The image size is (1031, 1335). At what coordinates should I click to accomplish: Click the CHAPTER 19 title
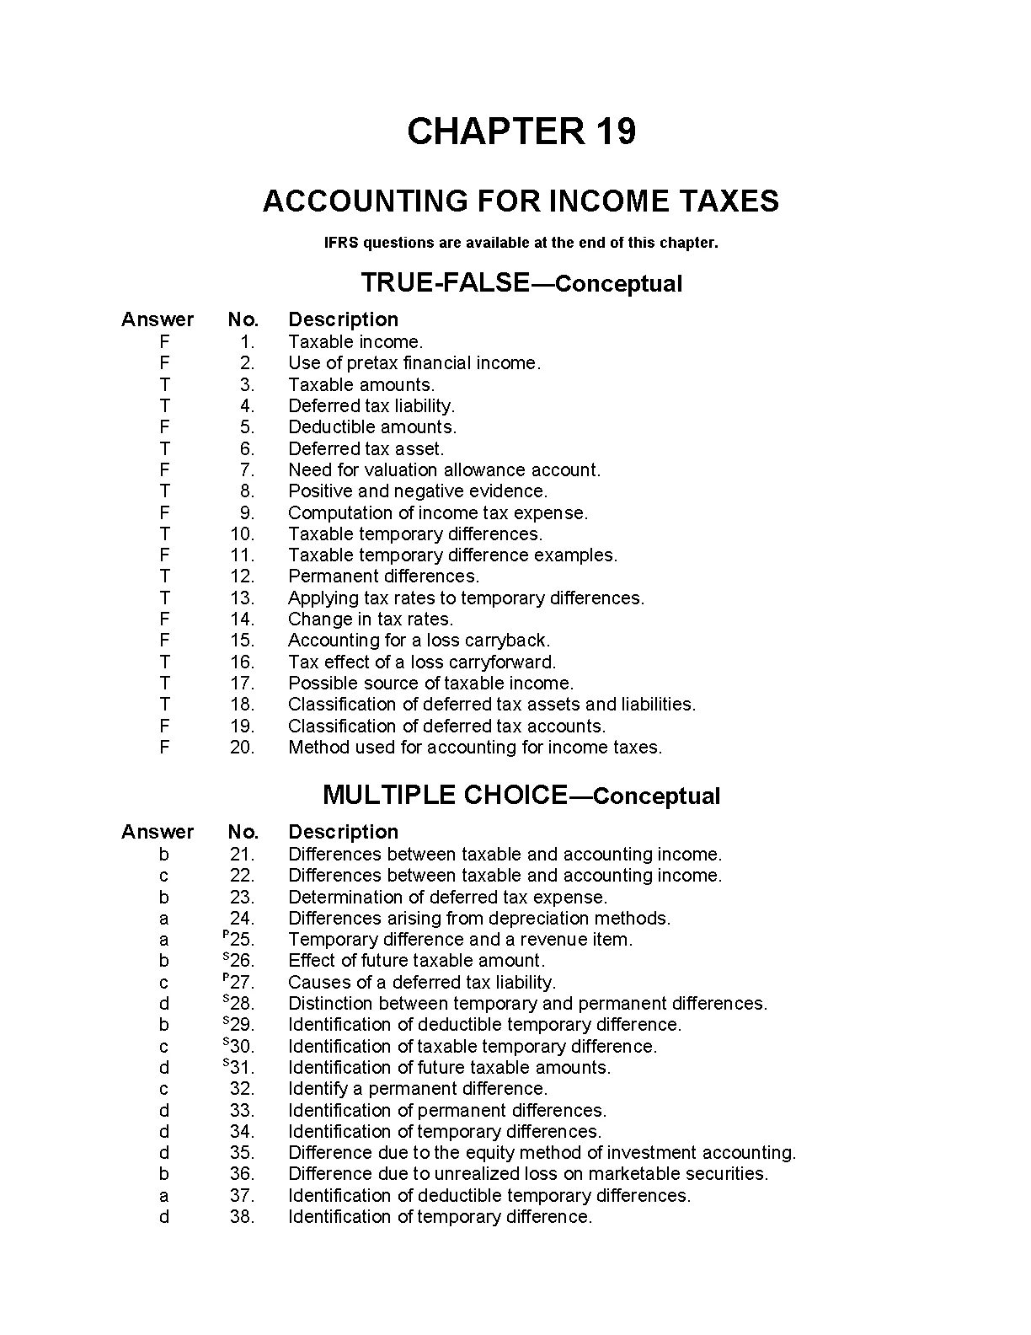tap(521, 131)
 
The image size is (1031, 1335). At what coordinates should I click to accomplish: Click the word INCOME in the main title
tap(599, 201)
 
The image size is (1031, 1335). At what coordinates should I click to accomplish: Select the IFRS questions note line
tap(521, 243)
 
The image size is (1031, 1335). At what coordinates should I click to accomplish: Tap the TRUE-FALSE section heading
tap(521, 283)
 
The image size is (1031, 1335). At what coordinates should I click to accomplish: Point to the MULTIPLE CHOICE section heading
tap(521, 796)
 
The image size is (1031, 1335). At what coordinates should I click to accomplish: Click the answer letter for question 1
tap(164, 342)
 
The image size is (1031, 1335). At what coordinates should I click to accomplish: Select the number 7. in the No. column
tap(247, 470)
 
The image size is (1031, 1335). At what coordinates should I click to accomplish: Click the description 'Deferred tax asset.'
tap(366, 449)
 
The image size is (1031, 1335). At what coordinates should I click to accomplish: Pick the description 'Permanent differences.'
tap(383, 576)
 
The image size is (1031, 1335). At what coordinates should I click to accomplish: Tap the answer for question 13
tap(164, 598)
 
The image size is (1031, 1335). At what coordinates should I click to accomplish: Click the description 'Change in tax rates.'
tap(371, 619)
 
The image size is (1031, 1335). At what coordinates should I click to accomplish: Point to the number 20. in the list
tap(243, 748)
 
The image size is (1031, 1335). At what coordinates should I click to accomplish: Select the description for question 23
tap(447, 898)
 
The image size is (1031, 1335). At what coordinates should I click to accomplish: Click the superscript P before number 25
tap(226, 935)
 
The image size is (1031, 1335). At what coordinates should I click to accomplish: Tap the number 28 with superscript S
tap(243, 1004)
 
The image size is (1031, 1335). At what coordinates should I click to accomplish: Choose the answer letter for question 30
tap(164, 1047)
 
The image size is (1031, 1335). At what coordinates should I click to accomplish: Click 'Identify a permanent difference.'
tap(418, 1089)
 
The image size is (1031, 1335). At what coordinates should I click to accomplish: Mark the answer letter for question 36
tap(164, 1174)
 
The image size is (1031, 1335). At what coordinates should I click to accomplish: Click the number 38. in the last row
tap(243, 1217)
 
